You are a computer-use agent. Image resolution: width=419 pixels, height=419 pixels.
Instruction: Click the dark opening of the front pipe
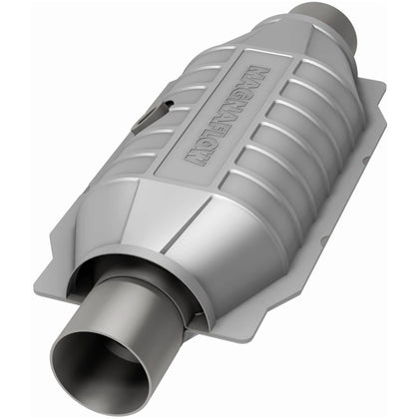click(99, 367)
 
